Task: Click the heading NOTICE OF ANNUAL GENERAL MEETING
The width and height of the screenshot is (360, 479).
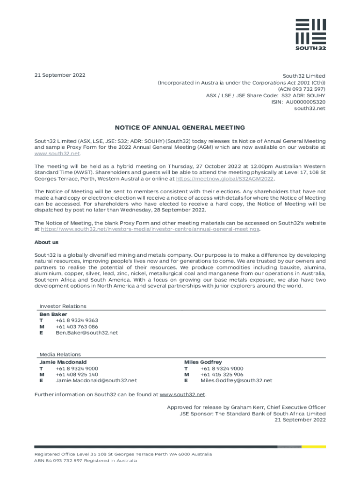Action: click(x=180, y=128)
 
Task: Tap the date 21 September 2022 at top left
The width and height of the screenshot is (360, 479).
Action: click(x=59, y=75)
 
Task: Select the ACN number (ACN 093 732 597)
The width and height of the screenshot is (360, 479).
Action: click(x=302, y=89)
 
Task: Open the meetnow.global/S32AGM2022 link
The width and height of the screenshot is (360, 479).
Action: click(x=225, y=179)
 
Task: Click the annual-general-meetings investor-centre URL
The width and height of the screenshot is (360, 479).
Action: click(x=150, y=229)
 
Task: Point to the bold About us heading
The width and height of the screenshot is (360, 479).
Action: click(x=46, y=242)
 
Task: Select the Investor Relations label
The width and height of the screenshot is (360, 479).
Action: click(x=63, y=306)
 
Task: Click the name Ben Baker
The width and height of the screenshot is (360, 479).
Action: click(x=53, y=314)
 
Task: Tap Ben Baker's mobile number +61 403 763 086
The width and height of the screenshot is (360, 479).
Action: click(x=77, y=327)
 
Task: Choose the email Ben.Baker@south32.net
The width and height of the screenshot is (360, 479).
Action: click(x=86, y=333)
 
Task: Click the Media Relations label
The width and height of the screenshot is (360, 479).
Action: click(x=60, y=355)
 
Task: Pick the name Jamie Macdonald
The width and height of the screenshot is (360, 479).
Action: click(x=63, y=362)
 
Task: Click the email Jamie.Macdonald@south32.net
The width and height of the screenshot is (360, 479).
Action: click(x=96, y=381)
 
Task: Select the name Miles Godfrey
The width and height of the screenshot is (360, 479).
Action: click(x=203, y=362)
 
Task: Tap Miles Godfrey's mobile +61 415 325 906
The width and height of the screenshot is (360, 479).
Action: click(x=222, y=375)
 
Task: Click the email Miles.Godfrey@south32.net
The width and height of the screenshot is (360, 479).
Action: click(x=236, y=381)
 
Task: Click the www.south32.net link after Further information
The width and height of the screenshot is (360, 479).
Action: click(x=183, y=395)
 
